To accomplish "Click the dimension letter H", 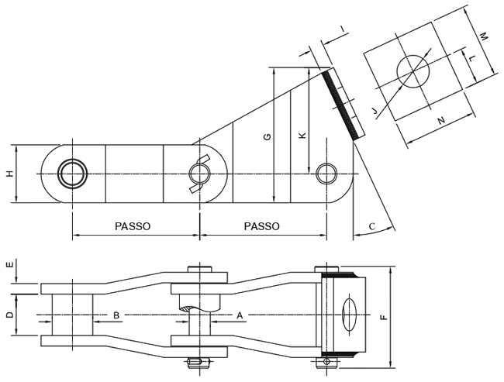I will (9, 174).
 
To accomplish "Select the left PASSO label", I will (133, 226).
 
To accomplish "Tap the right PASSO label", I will (262, 226).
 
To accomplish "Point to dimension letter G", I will (267, 137).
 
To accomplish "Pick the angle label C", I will (372, 226).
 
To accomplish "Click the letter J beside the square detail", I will (375, 113).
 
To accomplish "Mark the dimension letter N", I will (441, 121).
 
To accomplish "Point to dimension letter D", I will (9, 315).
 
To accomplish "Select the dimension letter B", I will (116, 315).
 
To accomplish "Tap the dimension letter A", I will (240, 315).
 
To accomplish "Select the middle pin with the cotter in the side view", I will (199, 174).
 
